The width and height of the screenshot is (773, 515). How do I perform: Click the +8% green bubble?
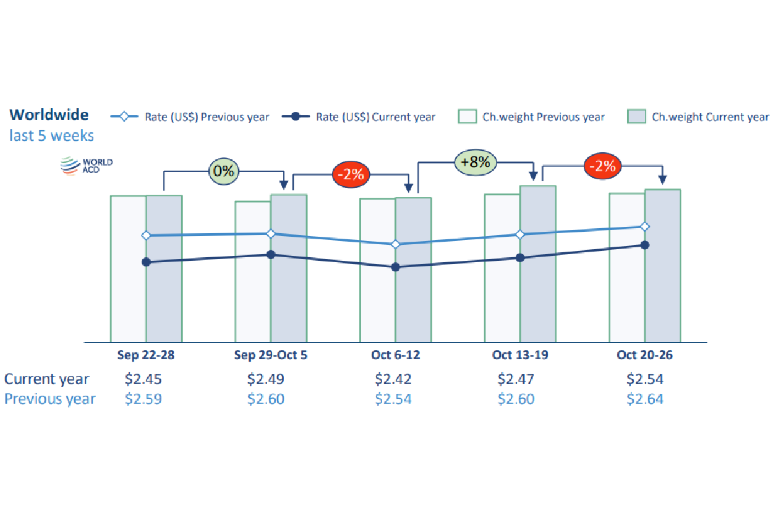(x=476, y=163)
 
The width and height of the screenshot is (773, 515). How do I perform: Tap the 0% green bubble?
(x=223, y=171)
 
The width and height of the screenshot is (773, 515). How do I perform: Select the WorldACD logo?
(x=87, y=166)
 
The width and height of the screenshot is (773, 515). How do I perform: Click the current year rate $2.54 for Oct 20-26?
(x=644, y=379)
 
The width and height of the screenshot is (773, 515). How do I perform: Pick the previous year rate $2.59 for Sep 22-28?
(x=143, y=399)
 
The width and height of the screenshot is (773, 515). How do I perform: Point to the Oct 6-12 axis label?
(x=395, y=355)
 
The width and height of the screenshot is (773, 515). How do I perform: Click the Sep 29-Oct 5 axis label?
(x=270, y=355)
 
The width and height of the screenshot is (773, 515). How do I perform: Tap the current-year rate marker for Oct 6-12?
(x=396, y=267)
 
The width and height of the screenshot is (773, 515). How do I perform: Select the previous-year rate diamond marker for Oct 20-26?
(x=645, y=226)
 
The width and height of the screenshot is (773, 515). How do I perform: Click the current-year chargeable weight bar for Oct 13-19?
(x=538, y=291)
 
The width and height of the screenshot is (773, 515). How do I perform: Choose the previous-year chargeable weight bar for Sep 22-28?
(x=128, y=291)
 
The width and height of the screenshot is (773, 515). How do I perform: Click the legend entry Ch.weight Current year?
(x=698, y=117)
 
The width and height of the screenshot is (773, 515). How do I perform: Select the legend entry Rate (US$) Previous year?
(x=190, y=117)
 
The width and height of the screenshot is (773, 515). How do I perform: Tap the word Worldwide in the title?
(x=49, y=114)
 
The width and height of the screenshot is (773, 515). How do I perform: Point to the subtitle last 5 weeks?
(x=51, y=135)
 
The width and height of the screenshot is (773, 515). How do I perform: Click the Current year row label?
(x=46, y=379)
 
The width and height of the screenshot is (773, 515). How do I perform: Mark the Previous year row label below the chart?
(x=49, y=399)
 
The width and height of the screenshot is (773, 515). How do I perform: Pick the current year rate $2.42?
(x=393, y=379)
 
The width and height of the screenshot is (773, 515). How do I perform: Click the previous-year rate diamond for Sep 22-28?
(x=147, y=236)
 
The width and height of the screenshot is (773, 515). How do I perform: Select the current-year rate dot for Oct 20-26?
(x=645, y=245)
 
